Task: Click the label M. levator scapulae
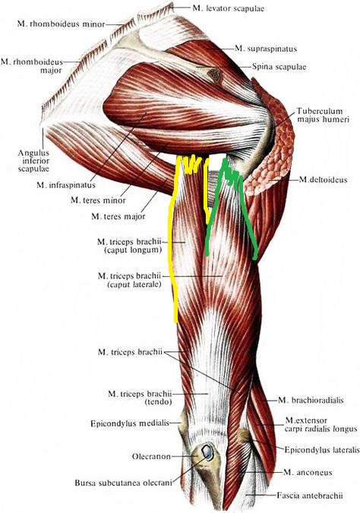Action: (x=228, y=8)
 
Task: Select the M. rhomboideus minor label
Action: (x=62, y=24)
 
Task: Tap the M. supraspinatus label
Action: (x=266, y=49)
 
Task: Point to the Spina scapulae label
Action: (x=279, y=67)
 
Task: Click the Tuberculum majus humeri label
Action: (x=323, y=115)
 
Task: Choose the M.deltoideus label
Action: (x=323, y=180)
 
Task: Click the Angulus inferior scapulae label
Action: (x=33, y=161)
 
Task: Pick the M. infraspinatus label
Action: (x=66, y=185)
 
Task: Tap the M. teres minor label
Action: (x=98, y=200)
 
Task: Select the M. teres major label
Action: (x=118, y=216)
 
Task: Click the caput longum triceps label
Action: (x=129, y=246)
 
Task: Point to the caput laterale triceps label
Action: (x=130, y=280)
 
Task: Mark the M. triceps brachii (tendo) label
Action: (x=140, y=398)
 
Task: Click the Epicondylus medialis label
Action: (x=130, y=423)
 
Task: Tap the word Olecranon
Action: (x=151, y=456)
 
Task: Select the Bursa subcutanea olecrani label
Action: (x=123, y=483)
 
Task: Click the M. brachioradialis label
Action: (x=311, y=400)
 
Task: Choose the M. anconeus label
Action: (x=308, y=472)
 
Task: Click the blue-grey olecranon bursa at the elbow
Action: (x=207, y=452)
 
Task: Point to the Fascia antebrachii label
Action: (x=310, y=496)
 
